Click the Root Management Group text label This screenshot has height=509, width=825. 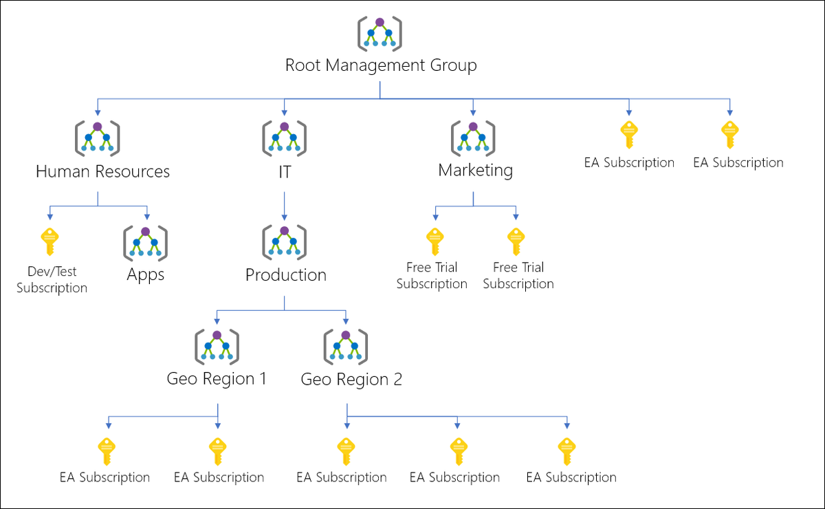380,66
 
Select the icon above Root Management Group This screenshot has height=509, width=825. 379,33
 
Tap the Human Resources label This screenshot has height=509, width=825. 102,171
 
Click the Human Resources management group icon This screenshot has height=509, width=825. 97,138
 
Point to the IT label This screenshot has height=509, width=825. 284,171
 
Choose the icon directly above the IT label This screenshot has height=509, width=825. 284,138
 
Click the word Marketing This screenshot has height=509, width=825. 475,170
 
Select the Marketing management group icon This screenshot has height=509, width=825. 473,138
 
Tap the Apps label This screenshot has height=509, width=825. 146,274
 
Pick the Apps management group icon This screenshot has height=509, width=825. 145,242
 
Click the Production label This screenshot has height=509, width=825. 286,274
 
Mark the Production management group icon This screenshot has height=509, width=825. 285,241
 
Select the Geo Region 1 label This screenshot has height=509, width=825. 217,378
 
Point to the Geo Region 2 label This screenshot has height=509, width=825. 351,379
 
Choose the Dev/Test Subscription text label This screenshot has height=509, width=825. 52,280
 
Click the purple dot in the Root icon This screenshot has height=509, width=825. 379,22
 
